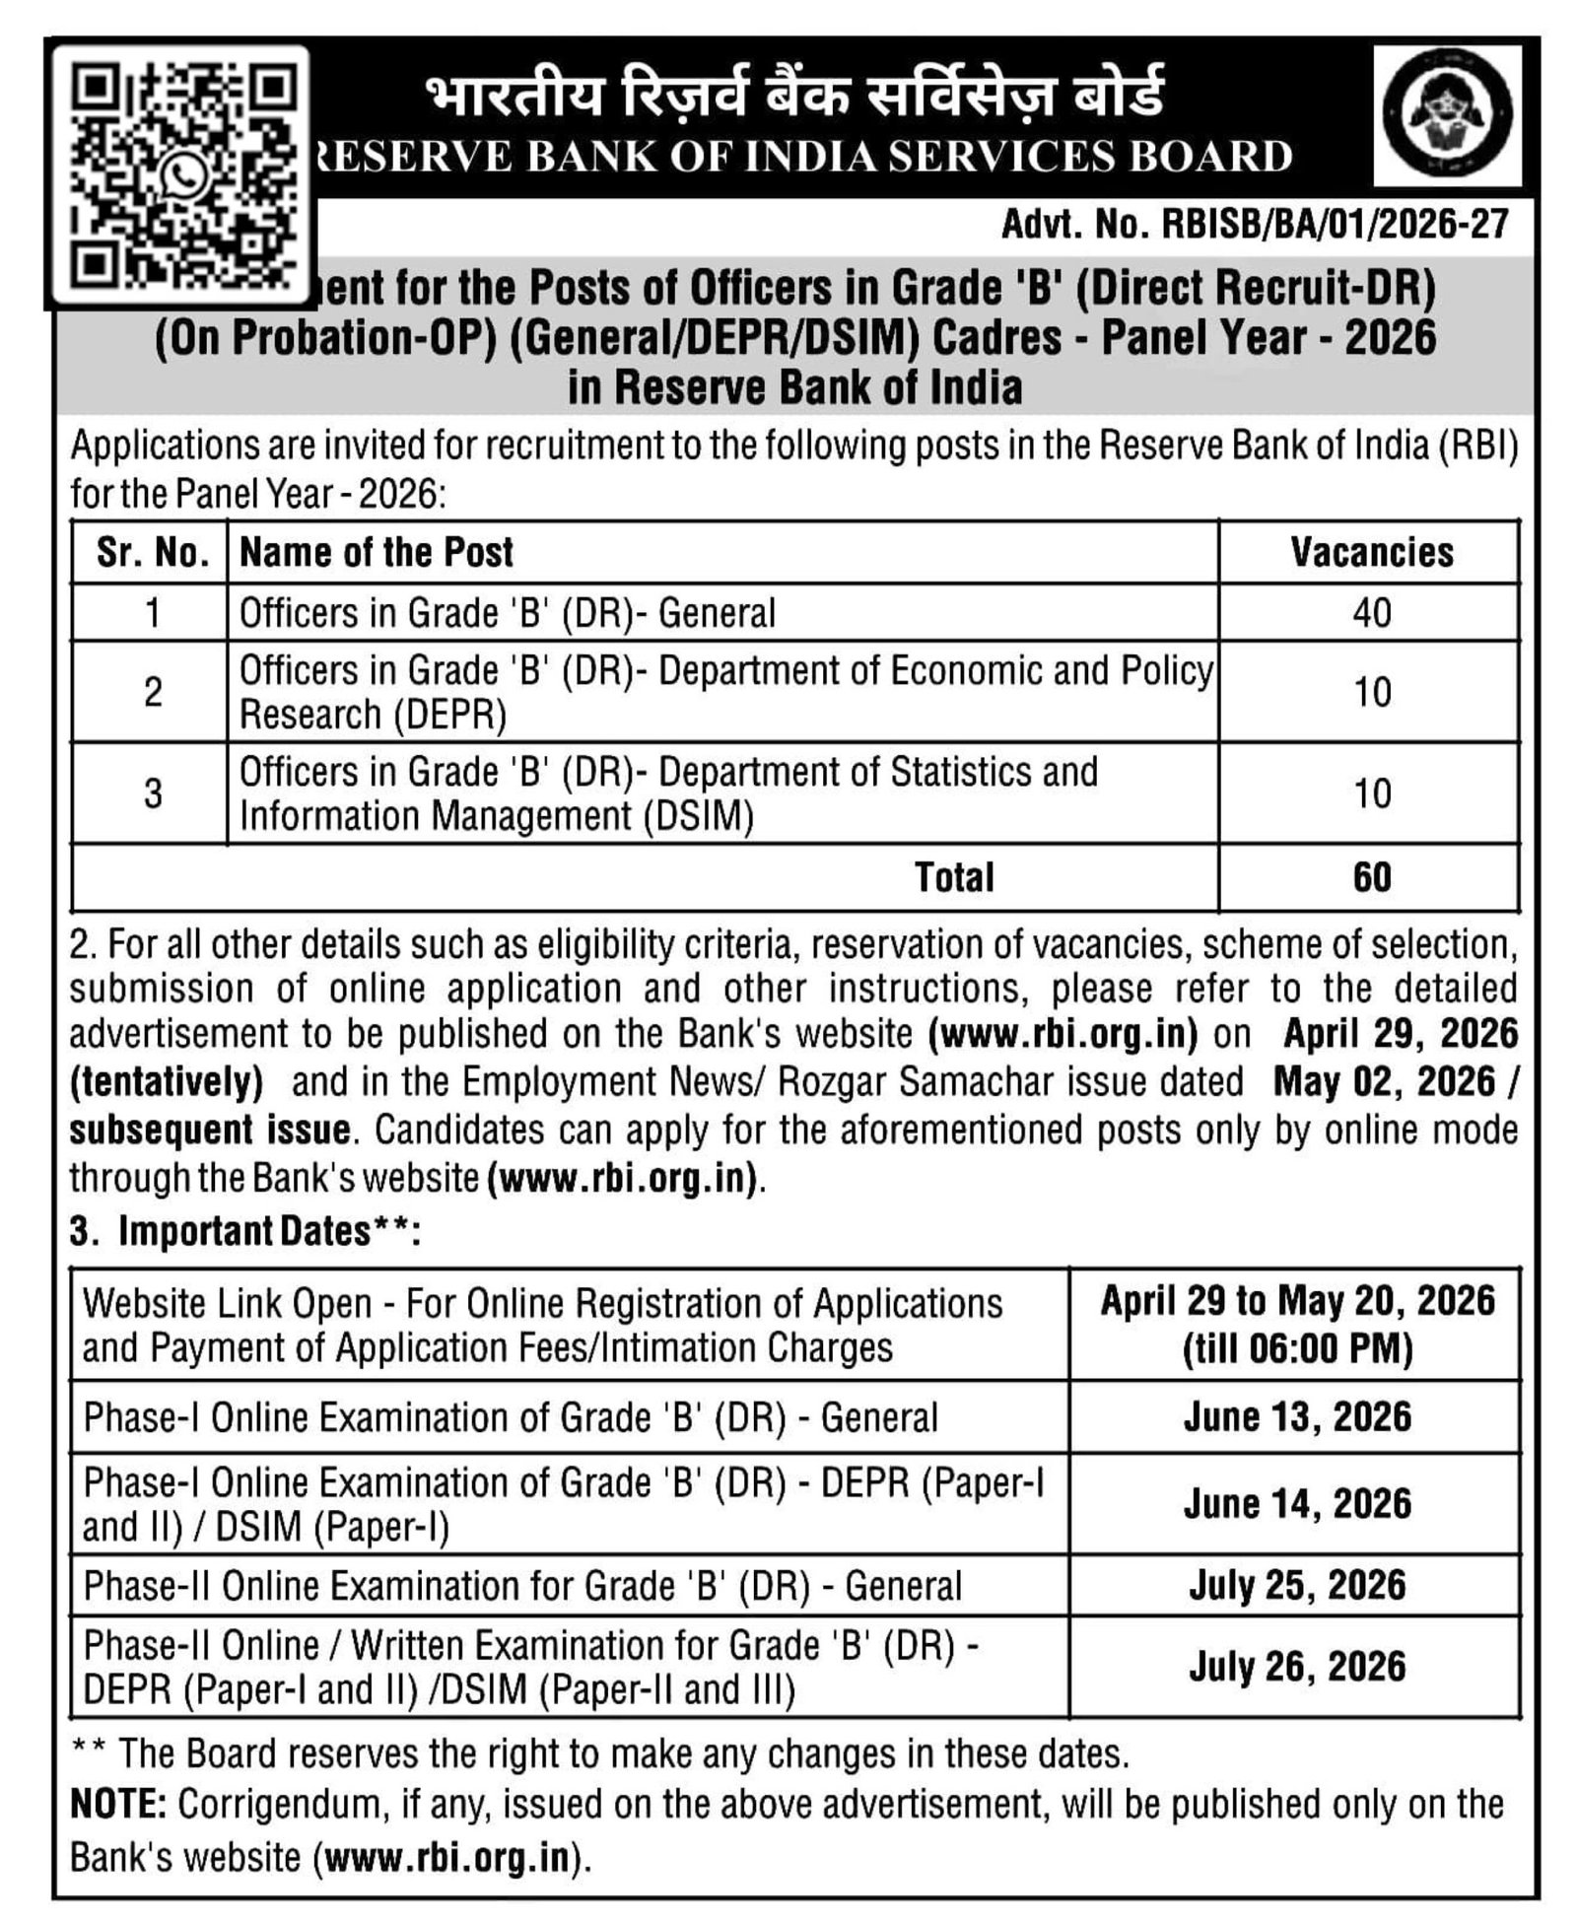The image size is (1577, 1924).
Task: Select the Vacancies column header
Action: pos(1371,553)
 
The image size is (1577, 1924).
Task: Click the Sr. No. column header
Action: pos(152,553)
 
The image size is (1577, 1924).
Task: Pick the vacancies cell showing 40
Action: pos(1371,613)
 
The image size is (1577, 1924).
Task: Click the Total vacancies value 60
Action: pos(1371,876)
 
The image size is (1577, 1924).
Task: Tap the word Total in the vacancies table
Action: pos(953,876)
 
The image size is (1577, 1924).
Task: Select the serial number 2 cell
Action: pos(152,692)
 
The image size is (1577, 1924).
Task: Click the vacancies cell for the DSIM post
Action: pos(1371,793)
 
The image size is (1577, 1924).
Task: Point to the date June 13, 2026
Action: pos(1297,1417)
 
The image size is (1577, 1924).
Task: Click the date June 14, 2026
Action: pos(1297,1504)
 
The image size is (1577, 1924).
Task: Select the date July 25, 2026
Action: pos(1297,1585)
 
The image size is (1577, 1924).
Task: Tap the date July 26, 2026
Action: pos(1297,1667)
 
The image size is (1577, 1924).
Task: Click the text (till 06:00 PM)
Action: pos(1297,1348)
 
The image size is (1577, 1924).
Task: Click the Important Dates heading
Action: pos(244,1231)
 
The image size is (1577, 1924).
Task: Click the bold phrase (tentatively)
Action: pos(166,1082)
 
